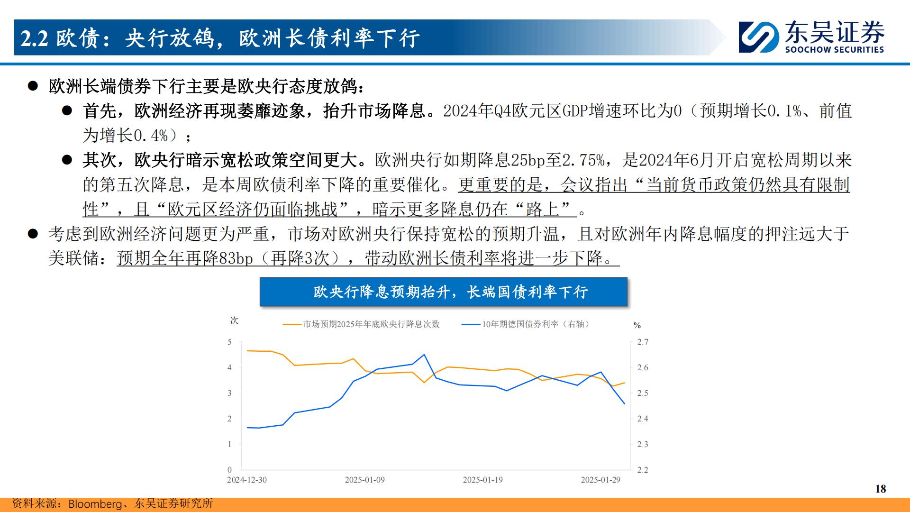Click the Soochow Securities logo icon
pos(759,37)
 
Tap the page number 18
pos(881,489)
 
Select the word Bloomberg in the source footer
pos(95,504)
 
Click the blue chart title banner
pos(443,292)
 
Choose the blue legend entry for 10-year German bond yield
pos(526,324)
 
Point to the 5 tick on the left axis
pos(230,342)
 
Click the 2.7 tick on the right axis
pos(642,342)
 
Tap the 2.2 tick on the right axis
pos(642,470)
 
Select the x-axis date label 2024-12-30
pos(246,480)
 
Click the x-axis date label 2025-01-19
pos(482,480)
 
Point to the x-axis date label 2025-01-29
pos(601,480)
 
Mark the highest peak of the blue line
pos(424,355)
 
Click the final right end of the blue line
pos(625,404)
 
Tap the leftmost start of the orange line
pos(247,351)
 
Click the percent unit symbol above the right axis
pos(637,326)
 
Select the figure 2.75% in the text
pos(583,160)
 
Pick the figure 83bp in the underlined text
pos(236,258)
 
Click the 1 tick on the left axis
pos(230,444)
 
